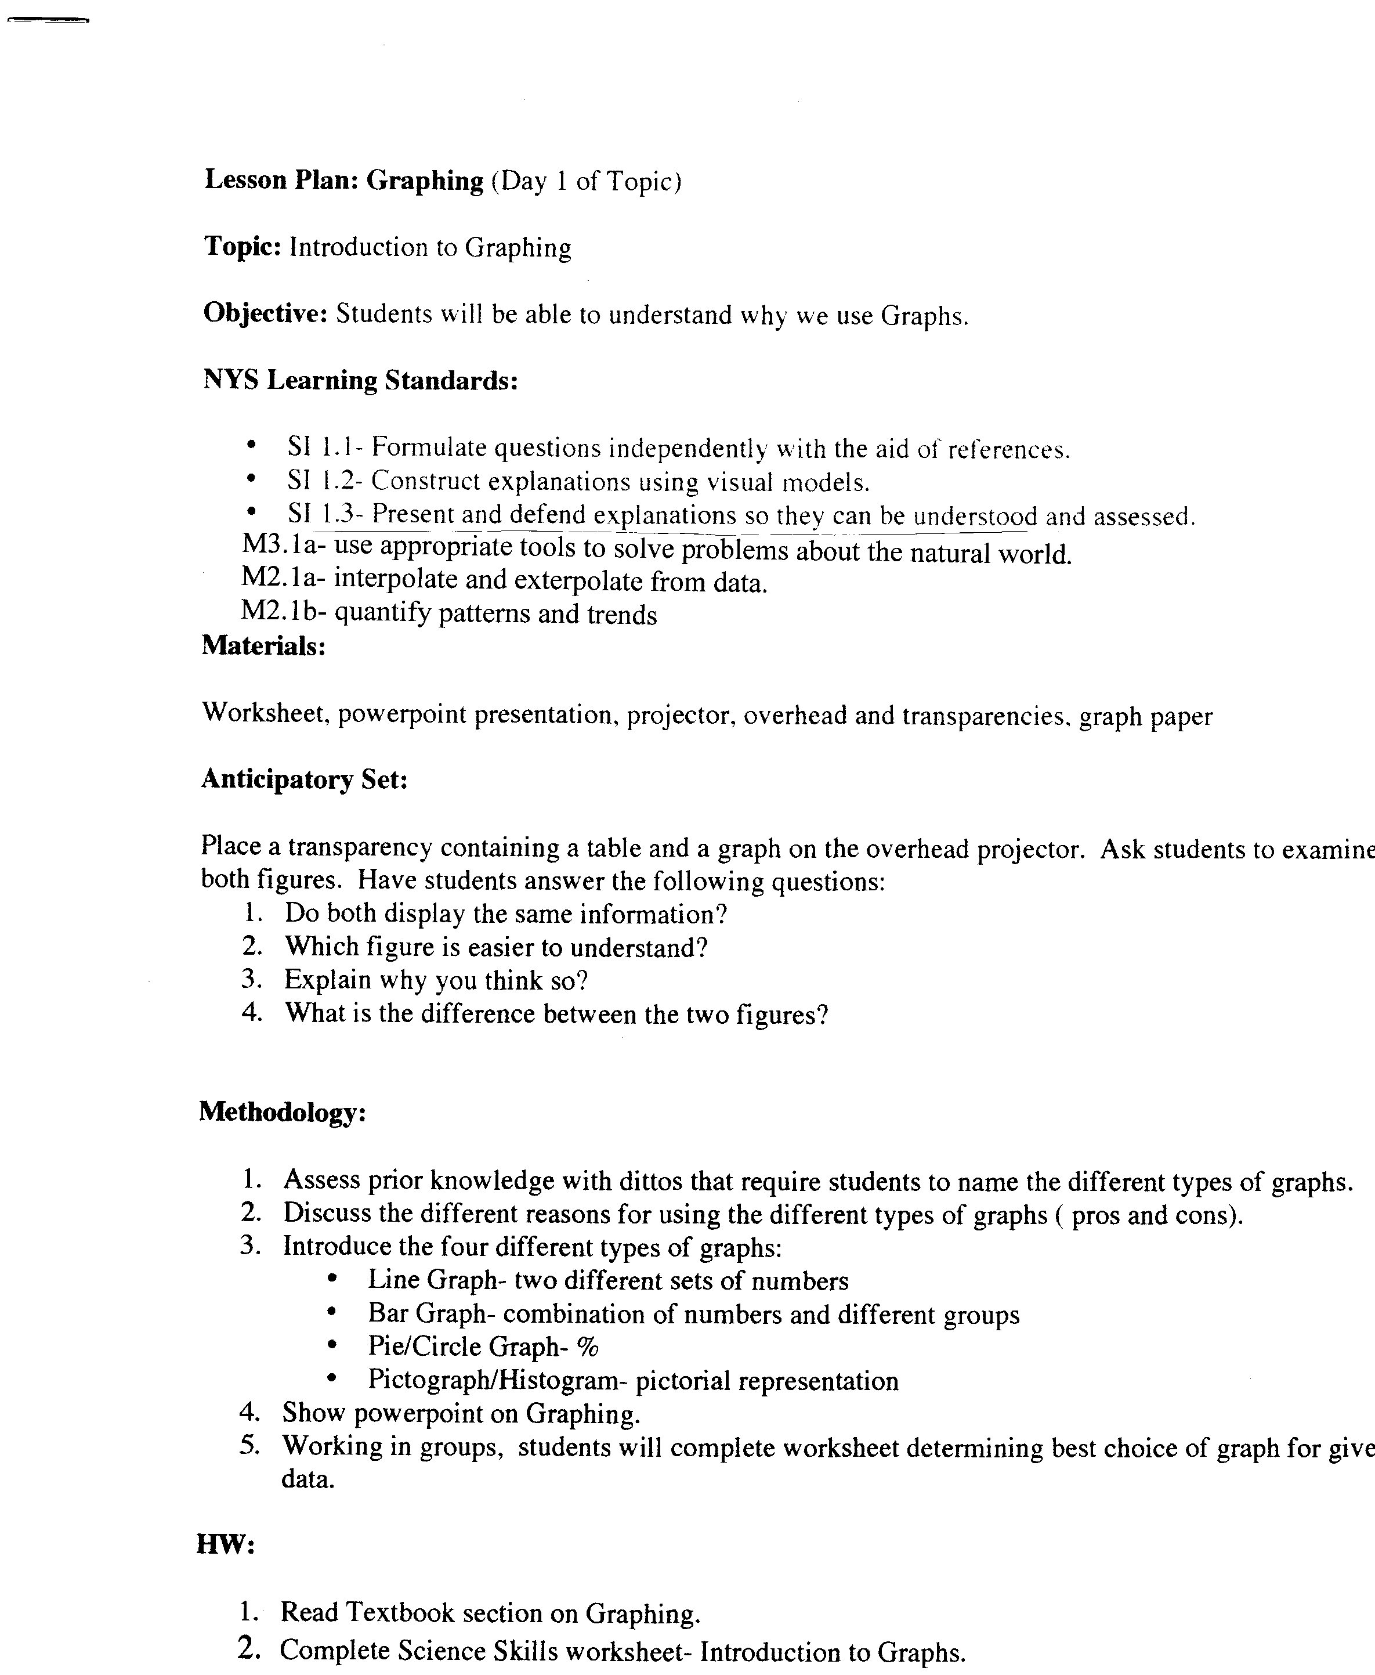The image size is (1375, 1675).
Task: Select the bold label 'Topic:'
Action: [x=241, y=247]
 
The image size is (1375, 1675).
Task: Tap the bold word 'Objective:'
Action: [x=265, y=315]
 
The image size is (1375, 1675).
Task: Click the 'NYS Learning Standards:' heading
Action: [x=360, y=381]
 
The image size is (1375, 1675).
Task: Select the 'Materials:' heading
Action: [x=264, y=646]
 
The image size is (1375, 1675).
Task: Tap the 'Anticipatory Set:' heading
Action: [x=304, y=779]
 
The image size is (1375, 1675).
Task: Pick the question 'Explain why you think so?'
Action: [x=436, y=981]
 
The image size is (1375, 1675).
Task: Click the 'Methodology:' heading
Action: [x=282, y=1113]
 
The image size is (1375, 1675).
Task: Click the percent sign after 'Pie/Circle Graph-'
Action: [x=588, y=1347]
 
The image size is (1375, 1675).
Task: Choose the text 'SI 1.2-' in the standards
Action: [x=325, y=482]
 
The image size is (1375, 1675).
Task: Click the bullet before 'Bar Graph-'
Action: [x=332, y=1313]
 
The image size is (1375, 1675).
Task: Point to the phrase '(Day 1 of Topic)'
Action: [x=586, y=182]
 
